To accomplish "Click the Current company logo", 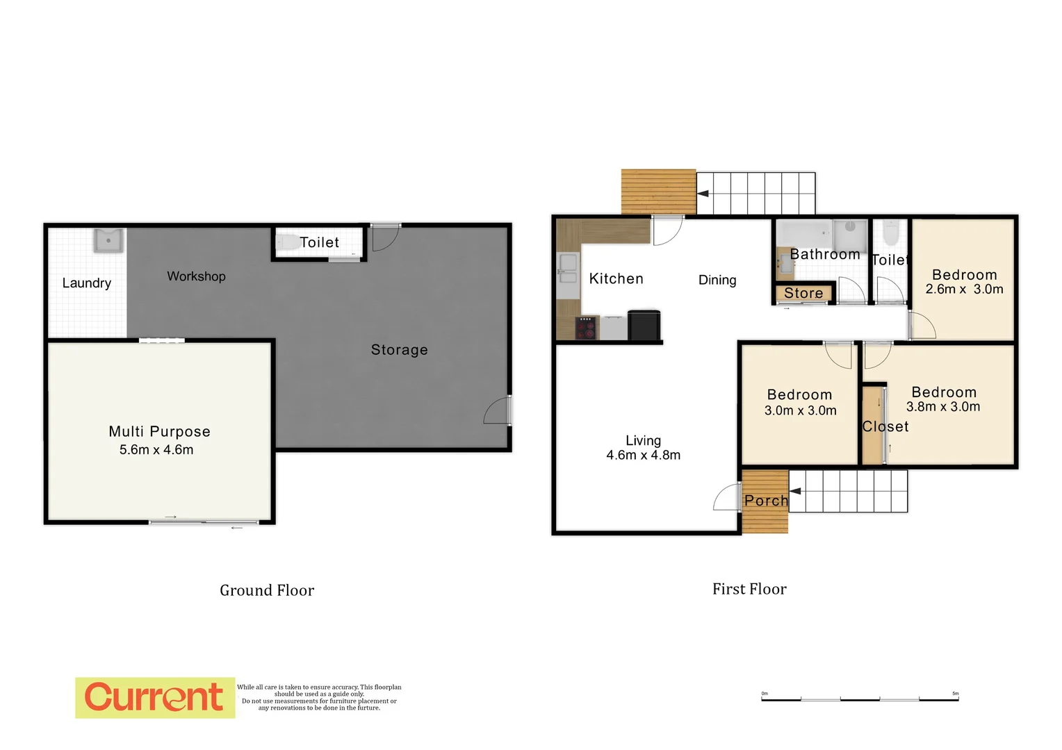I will point(154,697).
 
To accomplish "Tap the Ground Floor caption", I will point(267,590).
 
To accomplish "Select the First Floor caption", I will point(749,589).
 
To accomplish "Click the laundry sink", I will point(108,241).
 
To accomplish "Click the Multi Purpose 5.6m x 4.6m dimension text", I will point(156,450).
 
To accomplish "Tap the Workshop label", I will point(196,276).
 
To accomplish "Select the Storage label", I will point(399,350).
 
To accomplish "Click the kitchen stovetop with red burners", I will point(586,327).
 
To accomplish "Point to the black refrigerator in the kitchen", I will point(644,326).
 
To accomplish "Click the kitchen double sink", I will point(568,269).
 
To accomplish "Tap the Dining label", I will point(717,280).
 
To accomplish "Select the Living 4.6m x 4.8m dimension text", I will point(643,456).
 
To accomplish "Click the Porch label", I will point(766,501).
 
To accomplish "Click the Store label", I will point(803,294).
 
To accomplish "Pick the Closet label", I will point(885,427).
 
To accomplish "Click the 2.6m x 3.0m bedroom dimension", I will point(964,290).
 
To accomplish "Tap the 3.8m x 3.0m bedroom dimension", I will point(943,407).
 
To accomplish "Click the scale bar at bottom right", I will point(860,699).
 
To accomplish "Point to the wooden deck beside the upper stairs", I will point(658,192).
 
